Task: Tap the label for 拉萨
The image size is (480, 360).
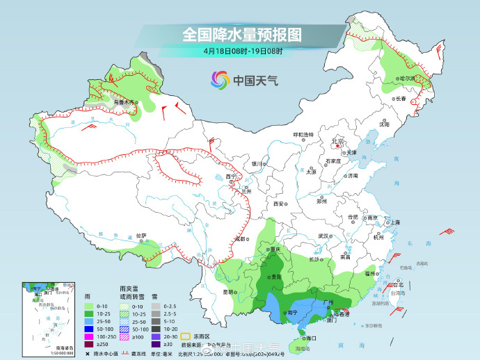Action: [141, 236]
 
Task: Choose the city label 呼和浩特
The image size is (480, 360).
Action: [303, 134]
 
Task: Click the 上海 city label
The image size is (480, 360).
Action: [394, 222]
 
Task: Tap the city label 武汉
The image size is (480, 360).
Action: [323, 236]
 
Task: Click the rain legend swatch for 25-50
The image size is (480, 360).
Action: [88, 322]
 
